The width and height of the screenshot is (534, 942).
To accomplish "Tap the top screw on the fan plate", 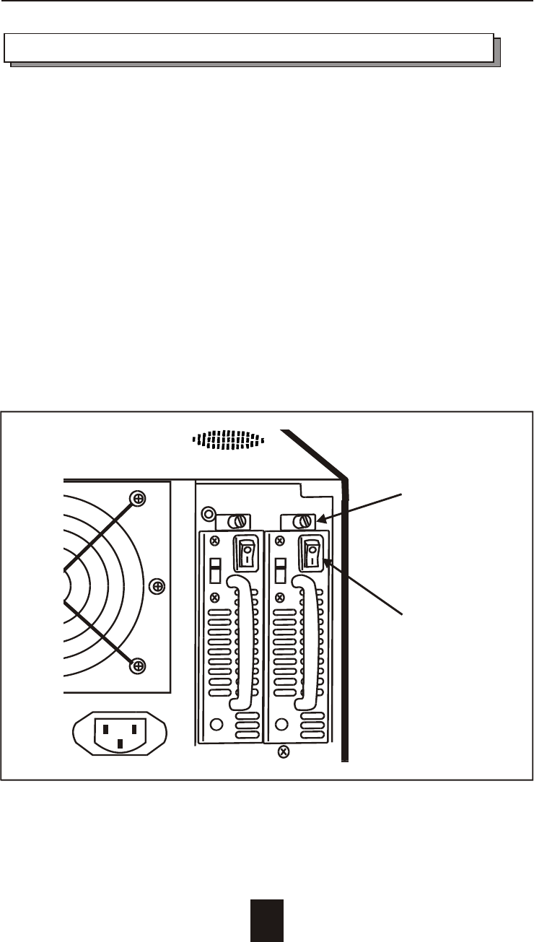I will coord(137,498).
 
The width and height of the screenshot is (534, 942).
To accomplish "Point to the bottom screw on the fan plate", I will coord(137,666).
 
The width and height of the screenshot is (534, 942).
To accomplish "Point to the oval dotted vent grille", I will coord(227,440).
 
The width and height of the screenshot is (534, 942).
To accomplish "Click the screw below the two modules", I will coord(284,752).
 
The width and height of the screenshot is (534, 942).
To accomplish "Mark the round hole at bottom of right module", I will coord(281,724).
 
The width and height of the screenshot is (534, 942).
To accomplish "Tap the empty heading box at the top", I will coord(249,47).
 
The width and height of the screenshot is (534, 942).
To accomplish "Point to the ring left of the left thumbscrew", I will coord(209,515).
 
